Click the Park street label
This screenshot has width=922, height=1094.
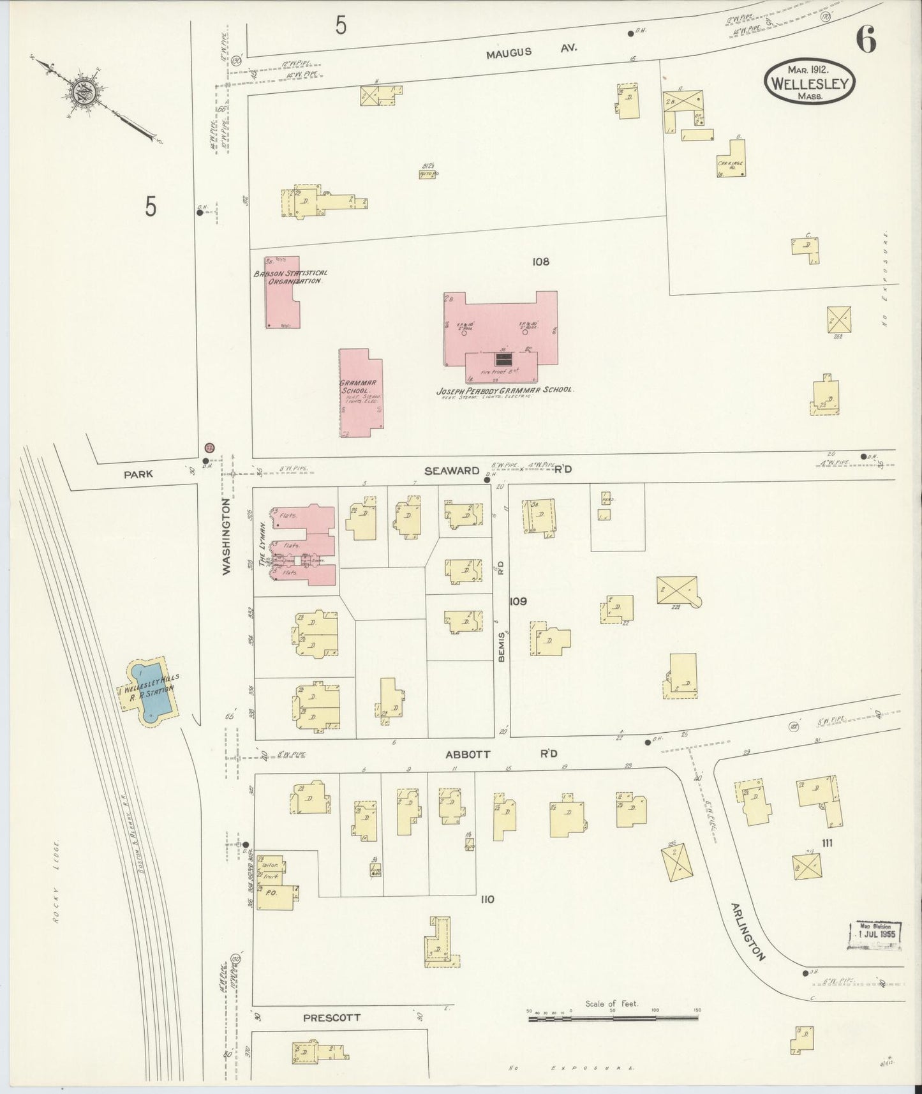click(x=138, y=474)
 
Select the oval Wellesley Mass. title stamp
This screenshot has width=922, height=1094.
click(x=810, y=83)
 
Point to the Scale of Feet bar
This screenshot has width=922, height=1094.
click(x=613, y=1020)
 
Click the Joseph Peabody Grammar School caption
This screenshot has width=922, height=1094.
click(x=505, y=389)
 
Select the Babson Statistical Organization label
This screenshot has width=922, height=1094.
click(x=290, y=277)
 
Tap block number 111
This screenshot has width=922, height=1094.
click(x=827, y=843)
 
